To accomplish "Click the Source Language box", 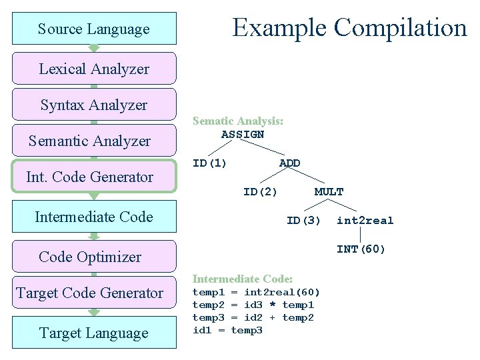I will pos(94,29).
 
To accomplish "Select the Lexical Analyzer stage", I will pos(94,69).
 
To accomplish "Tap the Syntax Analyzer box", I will pos(94,105).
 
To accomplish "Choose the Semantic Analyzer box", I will pos(90,141).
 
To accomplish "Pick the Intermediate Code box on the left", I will pos(94,217).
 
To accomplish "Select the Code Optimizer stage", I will pos(91,257).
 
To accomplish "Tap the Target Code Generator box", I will pos(90,293).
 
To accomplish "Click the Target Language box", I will pos(94,333).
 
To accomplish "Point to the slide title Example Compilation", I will pos(349,27).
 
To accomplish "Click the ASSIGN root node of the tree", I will pos(243,134).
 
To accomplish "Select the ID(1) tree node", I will pos(209,163).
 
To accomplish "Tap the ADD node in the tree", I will pos(289,163).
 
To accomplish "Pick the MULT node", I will pos(329,192).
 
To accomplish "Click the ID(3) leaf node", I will pos(303,221).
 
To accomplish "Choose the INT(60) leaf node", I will pos(361,249).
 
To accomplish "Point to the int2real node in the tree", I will pos(365,221).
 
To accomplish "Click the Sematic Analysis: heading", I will pos(238,121).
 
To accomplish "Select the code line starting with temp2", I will pos(253,305).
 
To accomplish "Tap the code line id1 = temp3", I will pos(227,330).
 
